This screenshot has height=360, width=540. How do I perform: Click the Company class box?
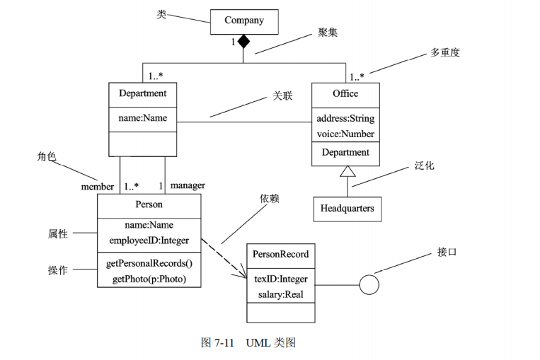(244, 21)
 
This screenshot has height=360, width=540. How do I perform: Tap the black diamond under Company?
(244, 42)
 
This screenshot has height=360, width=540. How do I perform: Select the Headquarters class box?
(347, 209)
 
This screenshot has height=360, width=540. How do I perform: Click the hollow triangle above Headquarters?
(346, 171)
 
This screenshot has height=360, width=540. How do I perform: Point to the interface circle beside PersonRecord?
(369, 285)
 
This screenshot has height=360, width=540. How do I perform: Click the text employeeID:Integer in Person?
(149, 240)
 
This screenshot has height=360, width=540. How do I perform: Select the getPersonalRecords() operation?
(149, 263)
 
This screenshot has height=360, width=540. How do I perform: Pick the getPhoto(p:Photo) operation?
(149, 279)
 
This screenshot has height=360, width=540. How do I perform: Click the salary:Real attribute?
(280, 294)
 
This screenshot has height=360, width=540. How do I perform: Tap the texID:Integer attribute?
(280, 279)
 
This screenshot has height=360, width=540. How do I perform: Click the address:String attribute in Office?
(345, 118)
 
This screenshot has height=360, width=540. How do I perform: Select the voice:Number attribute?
(345, 134)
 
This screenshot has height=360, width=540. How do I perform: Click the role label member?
(98, 187)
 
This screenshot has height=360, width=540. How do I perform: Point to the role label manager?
(188, 185)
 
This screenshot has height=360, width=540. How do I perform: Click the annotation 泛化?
(424, 166)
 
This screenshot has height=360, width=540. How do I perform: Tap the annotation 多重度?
(445, 53)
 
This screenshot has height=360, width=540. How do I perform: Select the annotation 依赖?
(270, 199)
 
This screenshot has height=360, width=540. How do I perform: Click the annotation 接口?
(447, 252)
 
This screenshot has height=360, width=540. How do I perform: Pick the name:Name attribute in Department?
(142, 118)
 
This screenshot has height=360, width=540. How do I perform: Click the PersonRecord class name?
(280, 255)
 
